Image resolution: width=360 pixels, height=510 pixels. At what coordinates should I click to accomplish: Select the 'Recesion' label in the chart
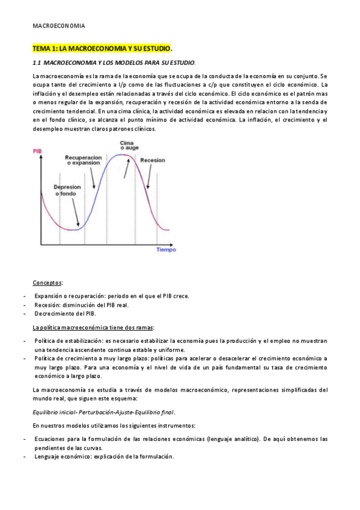153,161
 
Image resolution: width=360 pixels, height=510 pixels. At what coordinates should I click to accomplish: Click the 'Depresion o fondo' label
67,190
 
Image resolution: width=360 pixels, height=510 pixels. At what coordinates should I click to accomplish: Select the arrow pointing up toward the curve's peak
126,167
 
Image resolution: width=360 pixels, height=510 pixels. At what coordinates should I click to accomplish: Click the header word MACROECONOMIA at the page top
59,26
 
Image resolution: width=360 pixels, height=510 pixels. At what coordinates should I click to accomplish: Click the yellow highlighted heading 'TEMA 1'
102,48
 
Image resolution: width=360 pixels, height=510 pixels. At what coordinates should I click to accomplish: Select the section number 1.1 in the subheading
37,62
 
